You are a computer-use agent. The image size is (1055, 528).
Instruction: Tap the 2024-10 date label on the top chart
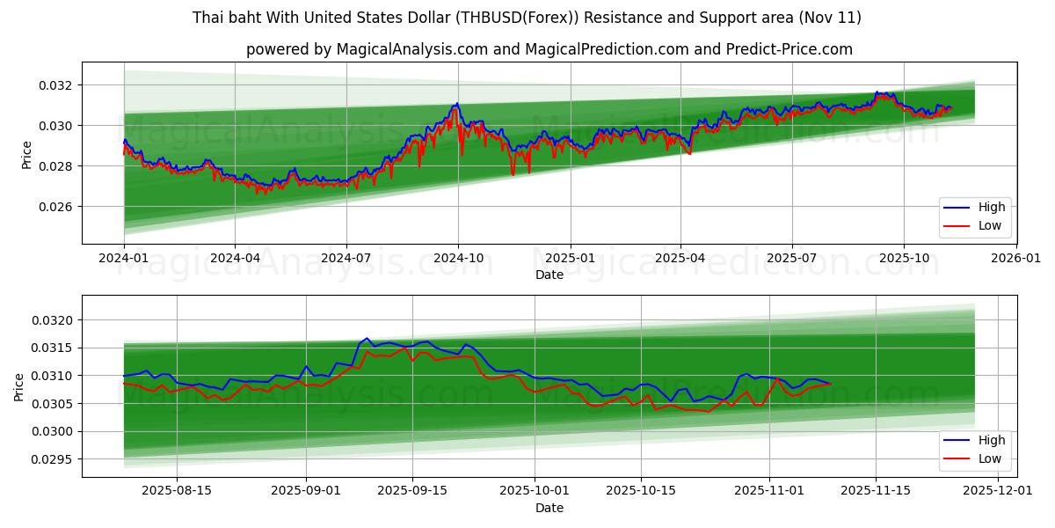pyautogui.click(x=458, y=258)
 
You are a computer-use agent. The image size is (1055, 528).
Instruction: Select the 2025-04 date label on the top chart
pyautogui.click(x=680, y=258)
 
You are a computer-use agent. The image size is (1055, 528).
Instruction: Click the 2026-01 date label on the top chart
pyautogui.click(x=1015, y=258)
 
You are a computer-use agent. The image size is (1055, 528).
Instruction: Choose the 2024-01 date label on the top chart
pyautogui.click(x=124, y=258)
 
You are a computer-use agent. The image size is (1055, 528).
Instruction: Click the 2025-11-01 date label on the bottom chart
pyautogui.click(x=769, y=491)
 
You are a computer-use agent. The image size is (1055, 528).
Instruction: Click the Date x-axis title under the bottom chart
pyautogui.click(x=549, y=508)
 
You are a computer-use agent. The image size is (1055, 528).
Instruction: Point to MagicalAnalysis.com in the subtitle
pyautogui.click(x=411, y=49)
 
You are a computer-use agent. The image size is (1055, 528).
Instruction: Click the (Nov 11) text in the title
pyautogui.click(x=830, y=18)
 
